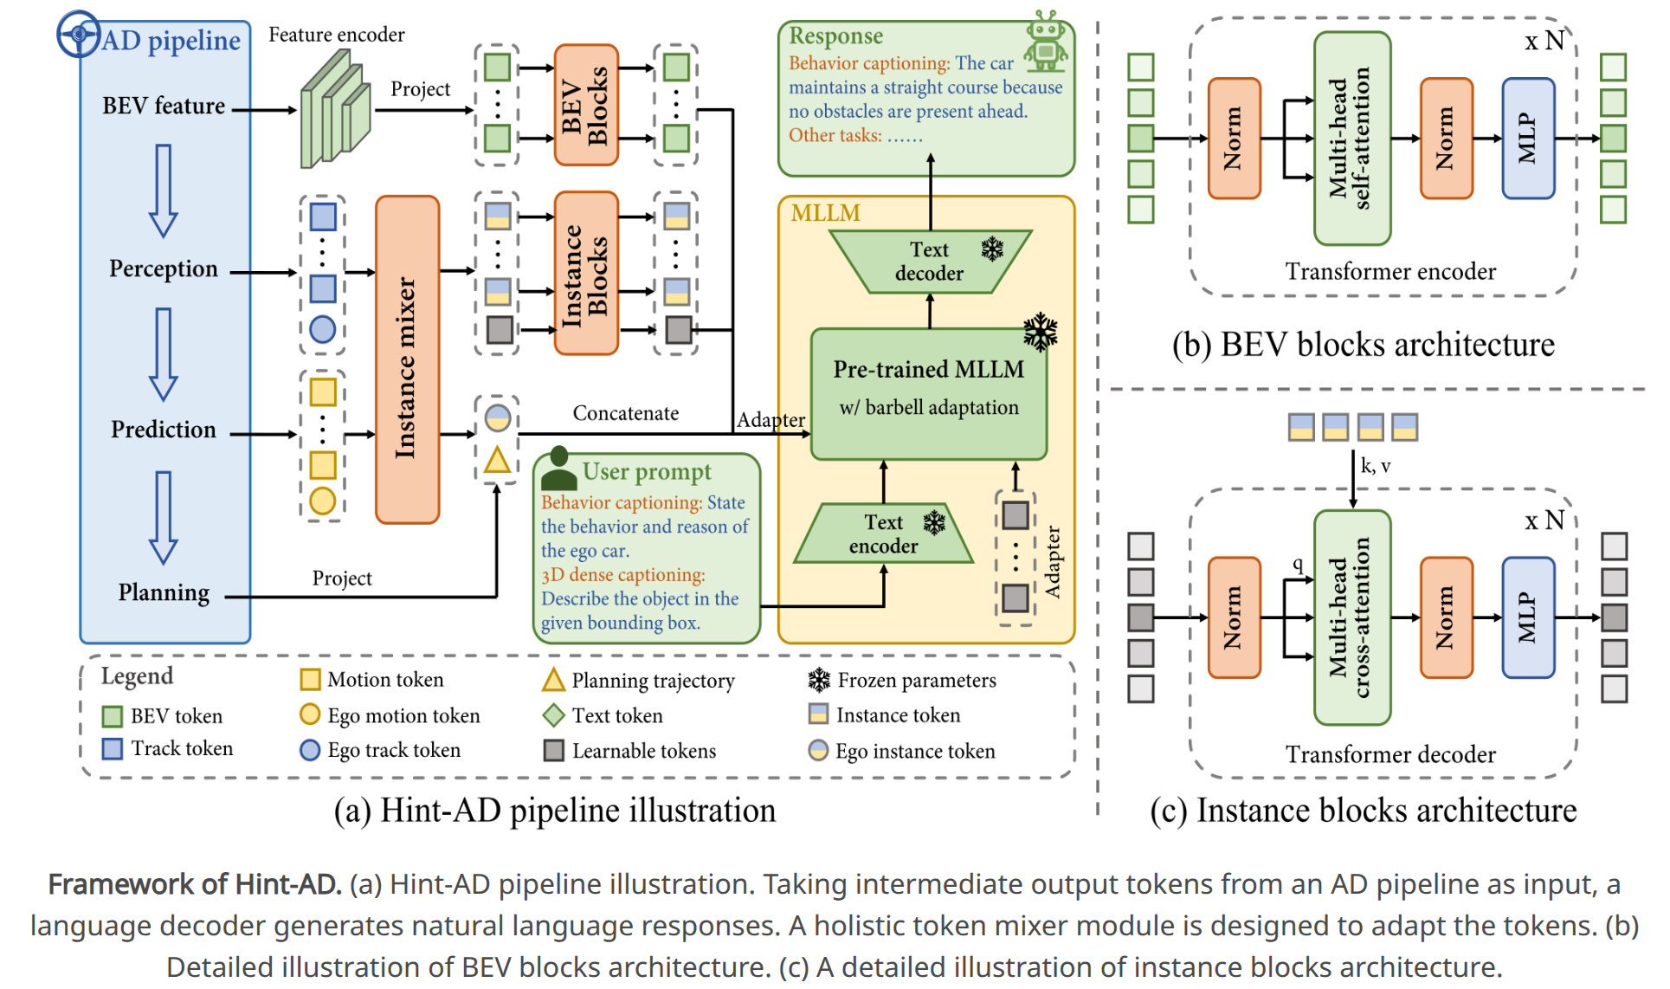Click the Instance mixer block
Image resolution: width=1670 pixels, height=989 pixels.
pos(407,359)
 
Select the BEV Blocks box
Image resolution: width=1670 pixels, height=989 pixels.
pos(586,105)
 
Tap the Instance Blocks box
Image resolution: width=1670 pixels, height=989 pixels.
pos(586,274)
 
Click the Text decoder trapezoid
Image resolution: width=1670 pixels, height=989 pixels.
pos(929,262)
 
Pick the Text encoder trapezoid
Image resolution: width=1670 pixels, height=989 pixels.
pos(883,533)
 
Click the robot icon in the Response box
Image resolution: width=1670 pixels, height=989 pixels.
pos(1046,42)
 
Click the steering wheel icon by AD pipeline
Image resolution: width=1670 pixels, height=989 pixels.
pos(78,35)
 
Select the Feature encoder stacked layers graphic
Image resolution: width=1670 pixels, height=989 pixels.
pos(335,110)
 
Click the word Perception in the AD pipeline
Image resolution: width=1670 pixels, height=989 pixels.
pos(164,269)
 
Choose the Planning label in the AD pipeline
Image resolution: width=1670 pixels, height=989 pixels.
pos(164,592)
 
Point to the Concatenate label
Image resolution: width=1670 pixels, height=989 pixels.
pos(625,414)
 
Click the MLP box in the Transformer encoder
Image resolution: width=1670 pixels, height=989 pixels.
pos(1528,139)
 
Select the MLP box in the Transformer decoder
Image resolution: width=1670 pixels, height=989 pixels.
pos(1528,617)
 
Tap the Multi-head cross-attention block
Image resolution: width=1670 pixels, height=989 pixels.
pos(1351,617)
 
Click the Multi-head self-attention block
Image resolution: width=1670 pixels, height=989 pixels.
pos(1351,139)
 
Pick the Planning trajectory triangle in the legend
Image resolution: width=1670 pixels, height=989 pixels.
pos(553,681)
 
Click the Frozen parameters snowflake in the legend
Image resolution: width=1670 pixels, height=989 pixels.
pos(818,681)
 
